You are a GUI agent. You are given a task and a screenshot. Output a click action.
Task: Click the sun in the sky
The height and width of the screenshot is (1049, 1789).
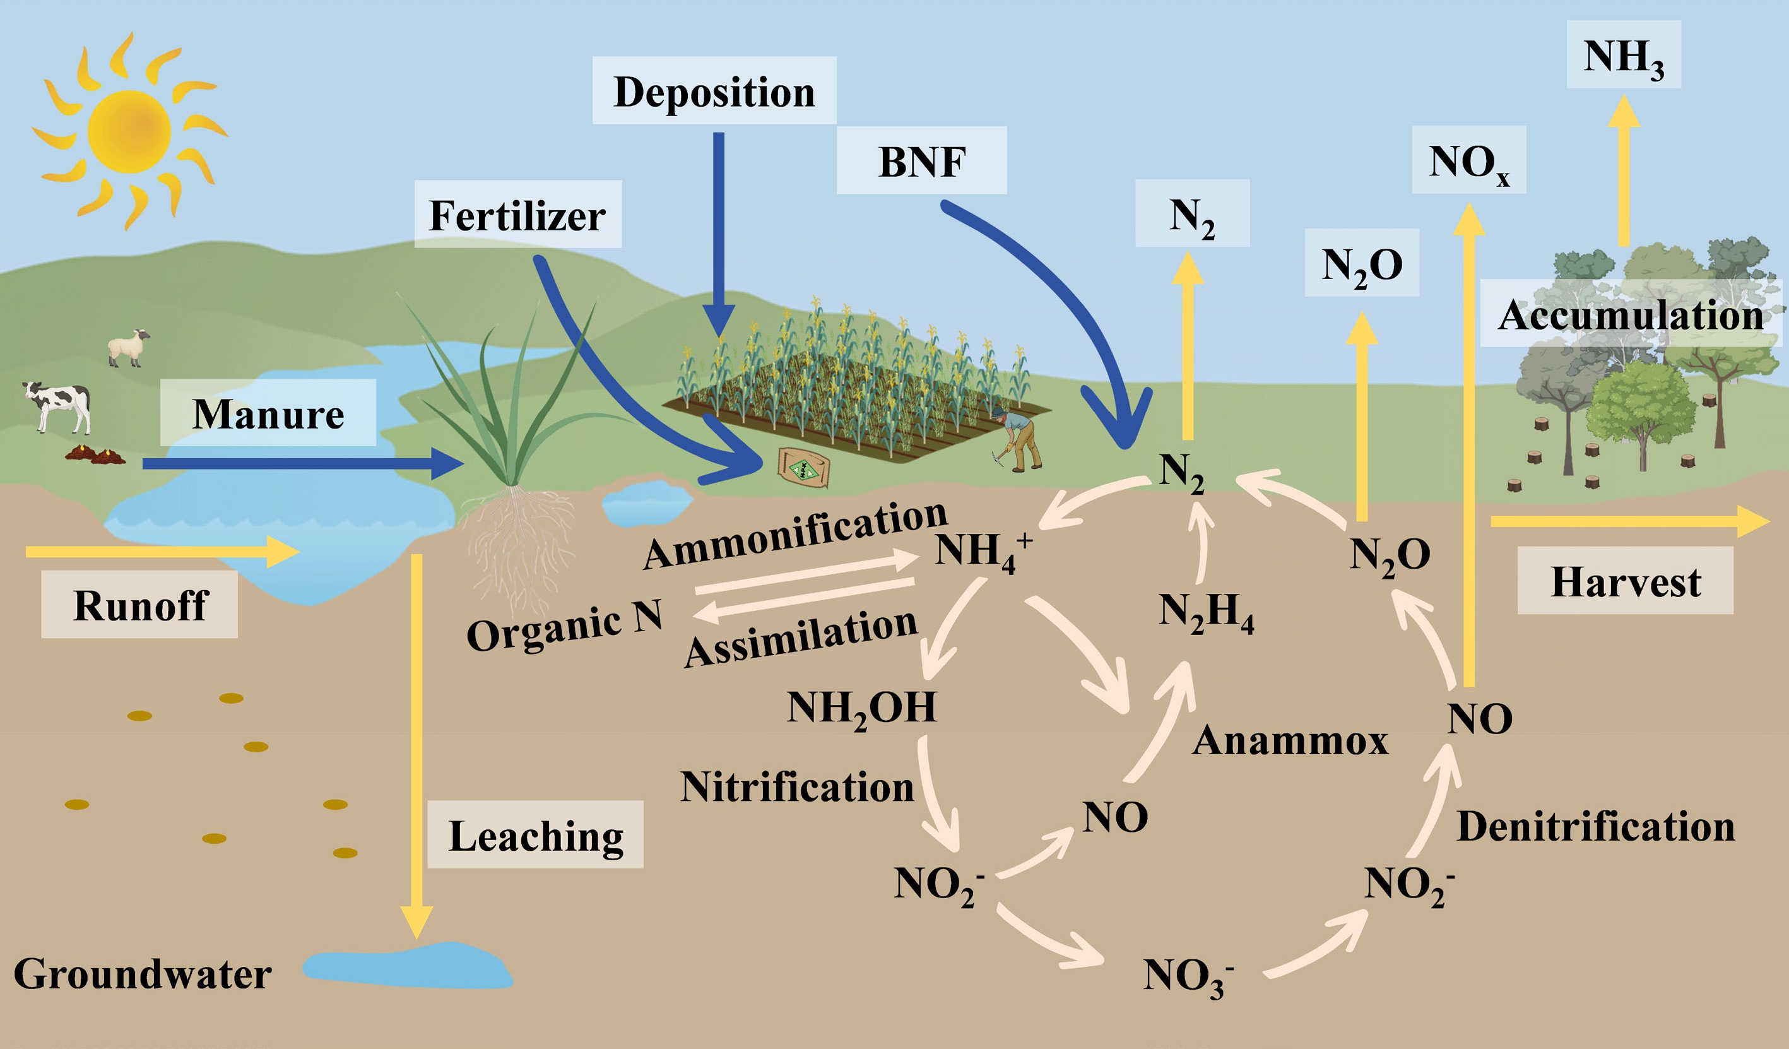point(129,131)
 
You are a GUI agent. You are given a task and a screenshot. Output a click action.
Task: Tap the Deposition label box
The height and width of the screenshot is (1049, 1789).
point(714,91)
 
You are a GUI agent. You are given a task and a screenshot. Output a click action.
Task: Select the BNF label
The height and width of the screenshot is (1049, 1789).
point(921,161)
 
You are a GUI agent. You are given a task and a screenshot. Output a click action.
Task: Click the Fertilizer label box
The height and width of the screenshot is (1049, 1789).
point(517,215)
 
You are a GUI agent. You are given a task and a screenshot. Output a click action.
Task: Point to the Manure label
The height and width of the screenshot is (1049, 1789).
point(268,413)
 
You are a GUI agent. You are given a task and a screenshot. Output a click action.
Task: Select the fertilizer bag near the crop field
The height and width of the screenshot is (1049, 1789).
point(804,466)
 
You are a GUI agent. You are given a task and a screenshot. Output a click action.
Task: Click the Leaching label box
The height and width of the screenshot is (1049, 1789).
point(535,835)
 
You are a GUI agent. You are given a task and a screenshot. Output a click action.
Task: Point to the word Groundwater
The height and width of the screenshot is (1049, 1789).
point(142,973)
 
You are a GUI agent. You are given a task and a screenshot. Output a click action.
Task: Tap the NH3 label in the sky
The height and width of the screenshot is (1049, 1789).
point(1624,57)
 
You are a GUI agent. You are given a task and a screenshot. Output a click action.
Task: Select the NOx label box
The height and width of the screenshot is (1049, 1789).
point(1468,161)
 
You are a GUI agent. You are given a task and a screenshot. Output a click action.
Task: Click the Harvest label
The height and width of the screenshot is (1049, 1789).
point(1625,581)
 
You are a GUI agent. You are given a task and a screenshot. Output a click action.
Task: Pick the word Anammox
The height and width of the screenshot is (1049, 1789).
point(1290,740)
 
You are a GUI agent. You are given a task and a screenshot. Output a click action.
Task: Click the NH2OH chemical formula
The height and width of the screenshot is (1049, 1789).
point(861,708)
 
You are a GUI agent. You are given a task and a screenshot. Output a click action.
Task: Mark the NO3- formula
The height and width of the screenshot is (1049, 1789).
point(1188,976)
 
